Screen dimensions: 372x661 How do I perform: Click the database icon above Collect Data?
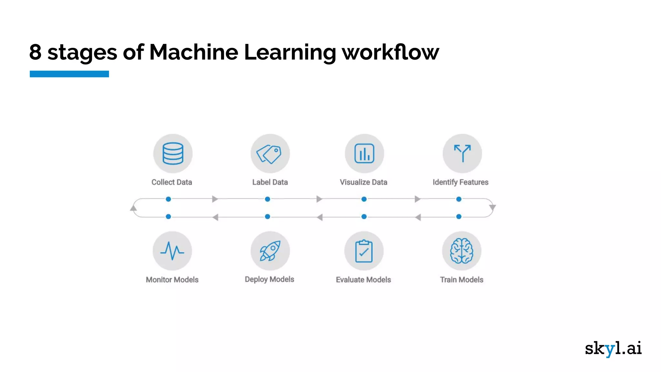click(x=173, y=153)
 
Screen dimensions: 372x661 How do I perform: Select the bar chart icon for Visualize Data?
click(x=364, y=153)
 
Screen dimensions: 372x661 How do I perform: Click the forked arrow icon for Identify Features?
click(x=462, y=153)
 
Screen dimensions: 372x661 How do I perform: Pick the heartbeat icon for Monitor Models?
click(x=172, y=251)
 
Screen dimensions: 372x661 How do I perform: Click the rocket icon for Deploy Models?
click(x=270, y=251)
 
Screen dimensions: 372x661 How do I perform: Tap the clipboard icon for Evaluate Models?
click(x=364, y=251)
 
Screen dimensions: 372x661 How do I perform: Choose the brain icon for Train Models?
click(x=462, y=251)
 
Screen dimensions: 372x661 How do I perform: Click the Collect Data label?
click(x=172, y=182)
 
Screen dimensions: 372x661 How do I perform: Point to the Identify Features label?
click(x=460, y=182)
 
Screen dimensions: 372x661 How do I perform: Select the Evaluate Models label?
click(x=363, y=280)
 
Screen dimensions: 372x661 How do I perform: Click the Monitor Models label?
click(x=172, y=280)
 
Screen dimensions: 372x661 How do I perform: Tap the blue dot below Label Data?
click(x=267, y=199)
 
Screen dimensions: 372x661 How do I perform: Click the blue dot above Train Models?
click(x=459, y=217)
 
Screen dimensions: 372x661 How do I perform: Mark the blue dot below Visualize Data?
click(x=364, y=199)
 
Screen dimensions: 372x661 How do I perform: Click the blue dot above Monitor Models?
click(x=168, y=217)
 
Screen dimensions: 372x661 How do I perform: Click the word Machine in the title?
click(x=194, y=52)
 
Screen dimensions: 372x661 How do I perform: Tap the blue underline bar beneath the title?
click(x=69, y=74)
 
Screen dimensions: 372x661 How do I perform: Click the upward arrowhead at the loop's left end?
click(x=133, y=208)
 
